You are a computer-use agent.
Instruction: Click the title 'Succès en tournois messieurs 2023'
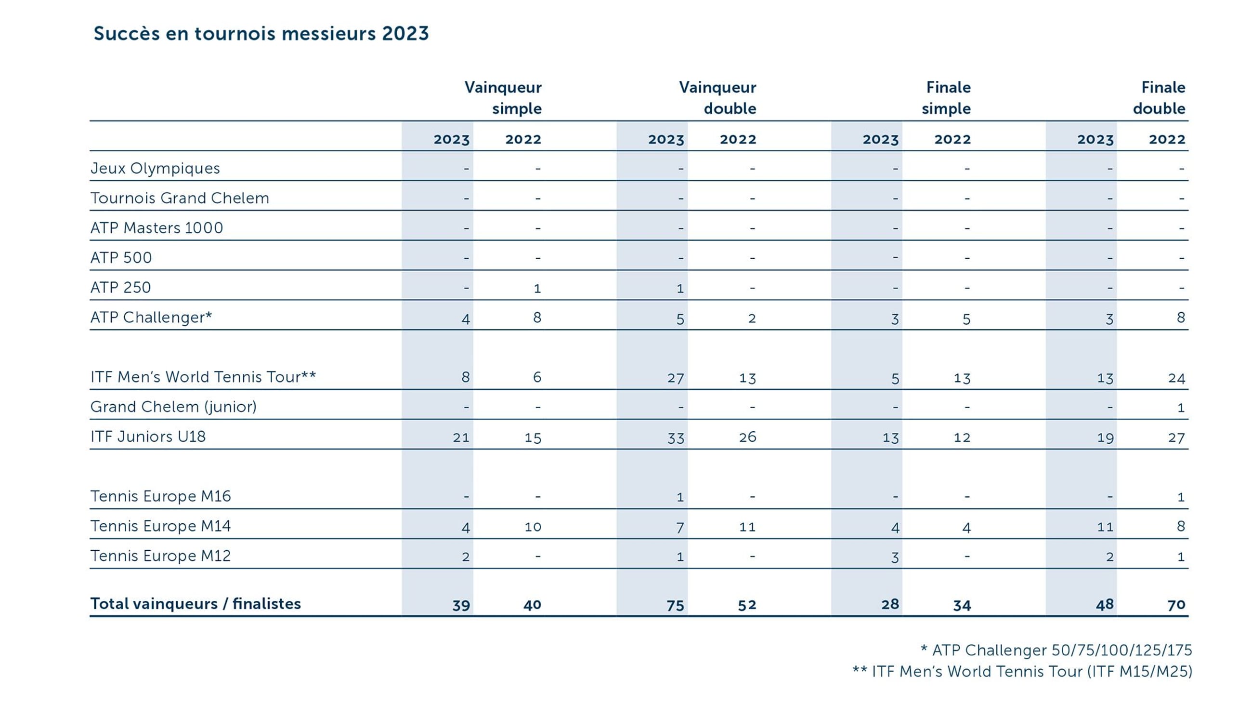click(261, 34)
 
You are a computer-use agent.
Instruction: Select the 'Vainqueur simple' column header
click(503, 98)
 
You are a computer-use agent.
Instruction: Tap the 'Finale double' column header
click(1160, 98)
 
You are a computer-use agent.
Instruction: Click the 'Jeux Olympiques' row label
click(155, 168)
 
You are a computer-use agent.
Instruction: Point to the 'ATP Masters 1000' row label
click(156, 227)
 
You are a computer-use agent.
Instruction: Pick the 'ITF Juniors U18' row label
click(148, 436)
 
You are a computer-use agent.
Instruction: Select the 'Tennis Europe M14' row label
click(160, 526)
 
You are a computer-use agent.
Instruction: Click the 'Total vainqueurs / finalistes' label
click(196, 603)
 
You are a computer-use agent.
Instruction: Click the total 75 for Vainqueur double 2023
click(675, 605)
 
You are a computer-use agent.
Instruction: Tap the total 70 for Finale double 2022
click(1176, 605)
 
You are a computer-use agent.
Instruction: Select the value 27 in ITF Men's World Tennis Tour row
click(675, 378)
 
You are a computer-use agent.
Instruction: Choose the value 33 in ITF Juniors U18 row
click(675, 438)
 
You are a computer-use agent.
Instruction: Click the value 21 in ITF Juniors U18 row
click(461, 438)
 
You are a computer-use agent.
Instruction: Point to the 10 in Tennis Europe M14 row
click(533, 527)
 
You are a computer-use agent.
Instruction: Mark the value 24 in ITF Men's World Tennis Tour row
click(1176, 378)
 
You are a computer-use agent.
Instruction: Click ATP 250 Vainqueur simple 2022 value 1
click(537, 288)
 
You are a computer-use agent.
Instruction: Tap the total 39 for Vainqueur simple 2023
click(461, 605)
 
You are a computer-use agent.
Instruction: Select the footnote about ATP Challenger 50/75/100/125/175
click(1056, 650)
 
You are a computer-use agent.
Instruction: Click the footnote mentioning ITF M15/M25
click(1022, 671)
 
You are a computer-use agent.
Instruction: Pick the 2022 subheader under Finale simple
click(952, 139)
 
